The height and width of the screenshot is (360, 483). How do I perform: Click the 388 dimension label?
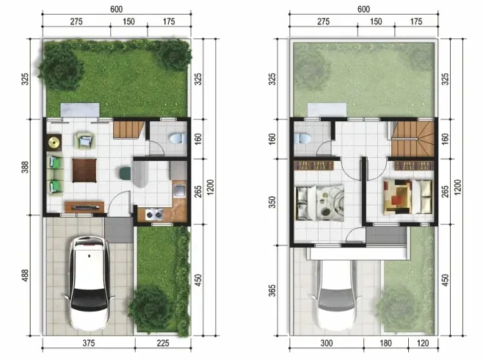pyautogui.click(x=25, y=167)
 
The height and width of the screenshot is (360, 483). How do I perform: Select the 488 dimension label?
pyautogui.click(x=25, y=276)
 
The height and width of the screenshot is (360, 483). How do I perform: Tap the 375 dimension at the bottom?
pyautogui.click(x=88, y=343)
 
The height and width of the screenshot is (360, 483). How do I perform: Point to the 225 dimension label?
pyautogui.click(x=163, y=343)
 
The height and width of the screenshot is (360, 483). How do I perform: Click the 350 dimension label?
pyautogui.click(x=272, y=202)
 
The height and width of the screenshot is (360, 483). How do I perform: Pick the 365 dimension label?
pyautogui.click(x=272, y=290)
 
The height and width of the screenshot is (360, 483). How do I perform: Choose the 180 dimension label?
pyautogui.click(x=385, y=343)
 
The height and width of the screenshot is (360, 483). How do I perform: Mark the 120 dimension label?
pyautogui.click(x=423, y=343)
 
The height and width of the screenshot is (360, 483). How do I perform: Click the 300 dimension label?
pyautogui.click(x=326, y=343)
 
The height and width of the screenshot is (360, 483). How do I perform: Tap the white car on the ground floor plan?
pyautogui.click(x=90, y=283)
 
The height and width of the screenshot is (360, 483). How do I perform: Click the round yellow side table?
pyautogui.click(x=54, y=143)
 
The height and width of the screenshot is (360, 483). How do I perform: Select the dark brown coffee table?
pyautogui.click(x=84, y=170)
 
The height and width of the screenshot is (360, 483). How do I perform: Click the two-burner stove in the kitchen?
pyautogui.click(x=153, y=215)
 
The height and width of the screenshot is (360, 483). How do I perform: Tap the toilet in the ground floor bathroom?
pyautogui.click(x=178, y=138)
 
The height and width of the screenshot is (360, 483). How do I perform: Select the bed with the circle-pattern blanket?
pyautogui.click(x=320, y=203)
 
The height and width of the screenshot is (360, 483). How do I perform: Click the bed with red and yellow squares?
pyautogui.click(x=408, y=197)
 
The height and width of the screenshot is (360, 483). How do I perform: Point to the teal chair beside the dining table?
pyautogui.click(x=126, y=174)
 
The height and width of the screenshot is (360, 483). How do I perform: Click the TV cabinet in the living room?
pyautogui.click(x=84, y=206)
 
